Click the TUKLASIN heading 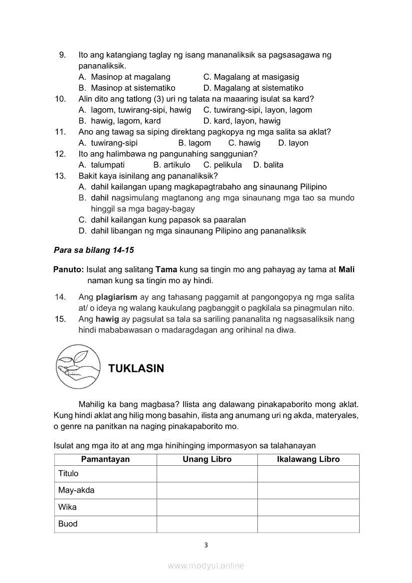[136, 369]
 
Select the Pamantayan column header [105, 459]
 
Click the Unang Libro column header [207, 459]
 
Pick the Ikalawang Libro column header [308, 459]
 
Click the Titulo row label [68, 473]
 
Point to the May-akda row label [76, 490]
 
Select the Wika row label [67, 507]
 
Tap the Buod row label [68, 524]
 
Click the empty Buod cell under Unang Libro [207, 524]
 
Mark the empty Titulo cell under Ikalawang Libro [308, 474]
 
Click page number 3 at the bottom [206, 545]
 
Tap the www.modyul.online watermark [206, 566]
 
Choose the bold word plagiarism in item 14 [116, 297]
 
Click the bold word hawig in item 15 [107, 319]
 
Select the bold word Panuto [69, 269]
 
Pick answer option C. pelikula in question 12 [222, 165]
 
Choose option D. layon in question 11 [293, 143]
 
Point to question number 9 [62, 55]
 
